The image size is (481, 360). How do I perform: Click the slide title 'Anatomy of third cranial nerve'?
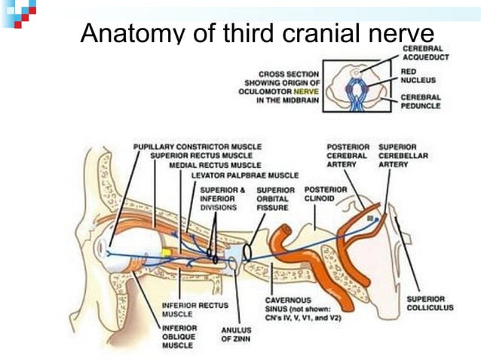pos(257,32)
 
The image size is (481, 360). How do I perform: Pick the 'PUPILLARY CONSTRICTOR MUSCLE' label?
pos(198,146)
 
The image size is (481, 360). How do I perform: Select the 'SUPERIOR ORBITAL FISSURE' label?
pos(276,198)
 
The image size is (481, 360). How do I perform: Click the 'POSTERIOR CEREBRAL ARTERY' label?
pos(347,155)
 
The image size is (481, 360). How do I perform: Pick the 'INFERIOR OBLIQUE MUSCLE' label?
pos(179,337)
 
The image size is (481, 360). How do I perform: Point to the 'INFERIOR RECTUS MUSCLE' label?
pos(190,309)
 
